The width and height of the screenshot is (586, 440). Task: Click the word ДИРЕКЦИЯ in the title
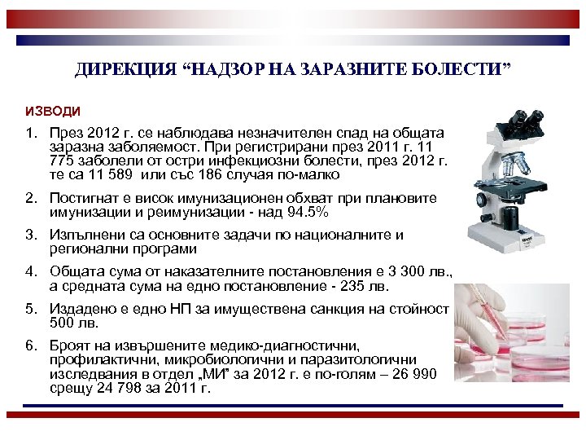pos(124,70)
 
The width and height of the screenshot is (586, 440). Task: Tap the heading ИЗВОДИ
pos(53,110)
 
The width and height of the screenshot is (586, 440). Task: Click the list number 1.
pos(29,132)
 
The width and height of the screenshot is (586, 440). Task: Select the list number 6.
pos(29,345)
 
